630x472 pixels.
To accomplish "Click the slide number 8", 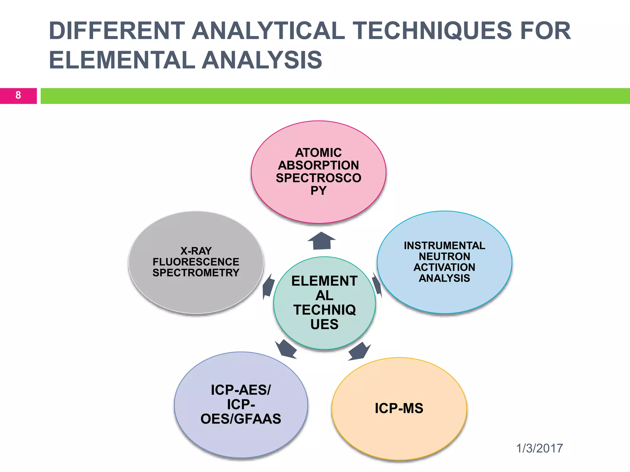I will [18, 95].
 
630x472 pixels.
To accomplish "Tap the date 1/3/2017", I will [539, 448].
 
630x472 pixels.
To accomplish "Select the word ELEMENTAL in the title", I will [122, 60].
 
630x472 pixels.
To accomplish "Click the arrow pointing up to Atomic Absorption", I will [321, 241].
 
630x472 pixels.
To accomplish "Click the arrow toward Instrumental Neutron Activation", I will [377, 285].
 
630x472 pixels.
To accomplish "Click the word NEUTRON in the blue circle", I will [444, 256].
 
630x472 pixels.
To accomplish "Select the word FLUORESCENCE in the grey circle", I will [196, 262].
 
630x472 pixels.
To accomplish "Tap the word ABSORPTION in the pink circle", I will [318, 165].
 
